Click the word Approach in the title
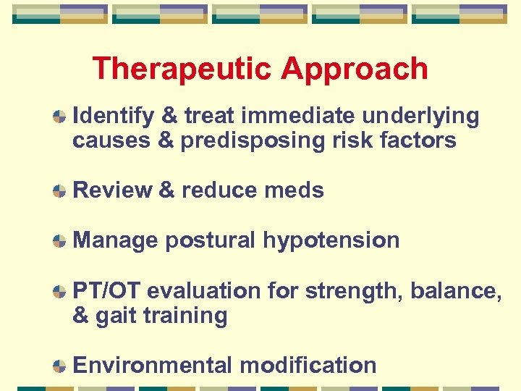355,70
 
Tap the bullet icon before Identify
60,117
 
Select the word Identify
114,116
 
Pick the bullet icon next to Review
60,191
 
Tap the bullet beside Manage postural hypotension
60,241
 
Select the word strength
354,290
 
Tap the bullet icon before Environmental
60,366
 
